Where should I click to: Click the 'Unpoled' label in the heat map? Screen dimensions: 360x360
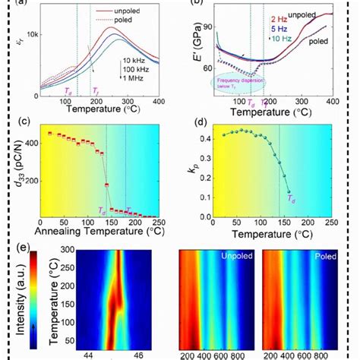[x=240, y=257]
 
